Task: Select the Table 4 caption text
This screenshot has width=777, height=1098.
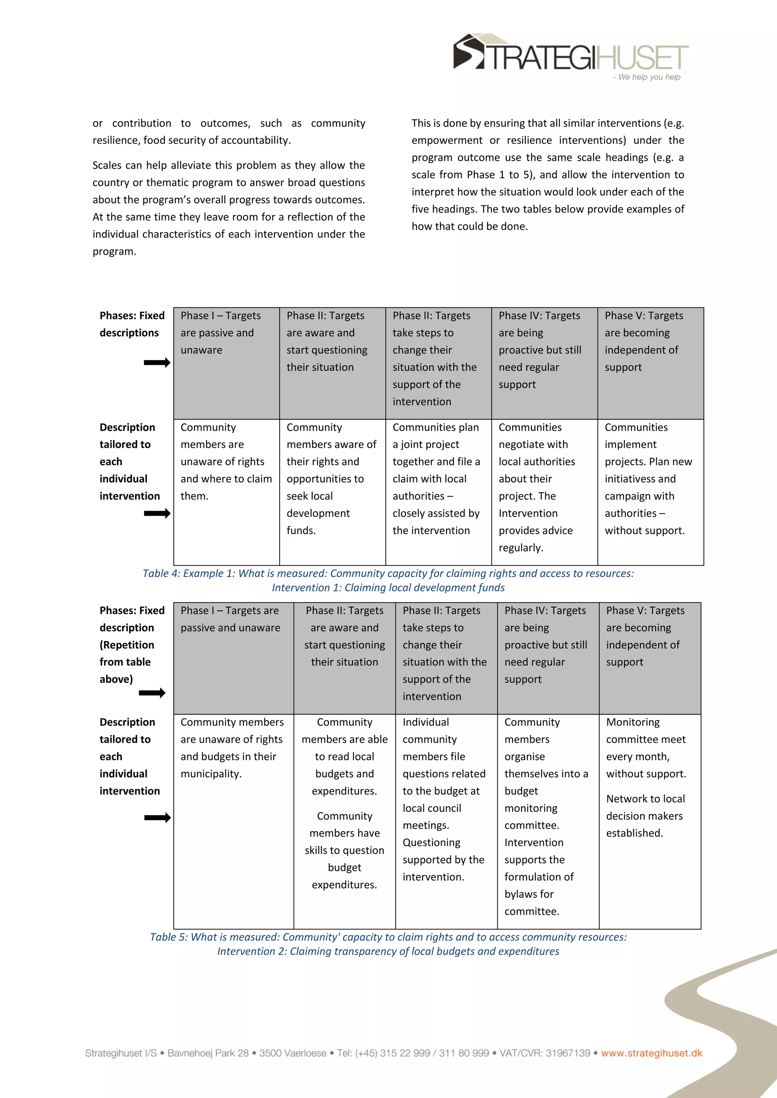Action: (x=388, y=580)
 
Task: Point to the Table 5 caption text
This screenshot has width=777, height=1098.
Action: (x=388, y=944)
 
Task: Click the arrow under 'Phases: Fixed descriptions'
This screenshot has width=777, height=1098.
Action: (x=157, y=362)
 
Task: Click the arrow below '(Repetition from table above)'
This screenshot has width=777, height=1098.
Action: (x=152, y=693)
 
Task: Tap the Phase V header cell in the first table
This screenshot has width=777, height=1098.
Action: (x=650, y=342)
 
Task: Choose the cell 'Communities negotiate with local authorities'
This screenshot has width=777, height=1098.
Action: (x=544, y=487)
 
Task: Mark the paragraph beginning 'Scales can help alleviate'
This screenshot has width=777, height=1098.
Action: (x=228, y=208)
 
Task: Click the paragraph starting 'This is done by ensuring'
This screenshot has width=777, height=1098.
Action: (x=547, y=174)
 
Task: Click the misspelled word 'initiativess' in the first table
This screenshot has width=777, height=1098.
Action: (x=640, y=479)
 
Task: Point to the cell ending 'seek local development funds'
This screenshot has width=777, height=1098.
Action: (x=332, y=479)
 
